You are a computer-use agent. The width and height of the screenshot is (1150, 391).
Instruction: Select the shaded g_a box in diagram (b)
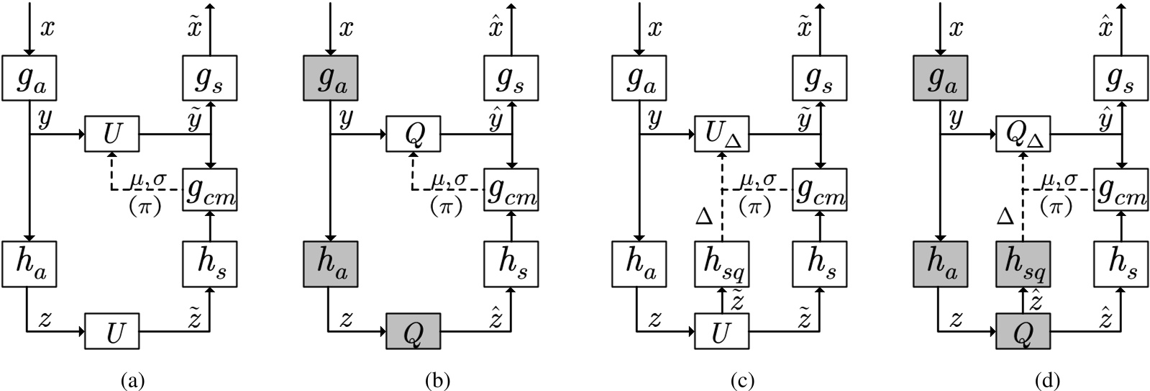pos(329,78)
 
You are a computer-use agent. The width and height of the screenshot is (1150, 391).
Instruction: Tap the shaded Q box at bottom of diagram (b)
pos(414,333)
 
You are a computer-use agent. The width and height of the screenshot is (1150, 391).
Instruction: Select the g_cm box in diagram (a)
pos(210,189)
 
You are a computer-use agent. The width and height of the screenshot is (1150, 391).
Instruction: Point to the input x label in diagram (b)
pos(347,29)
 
